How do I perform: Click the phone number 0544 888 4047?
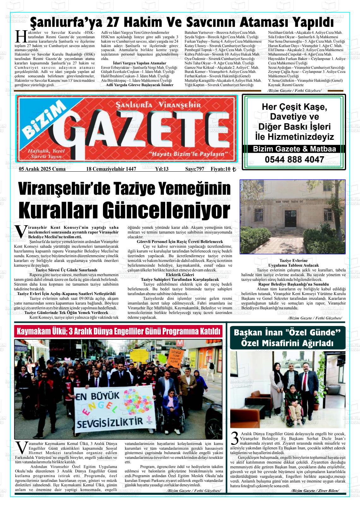click(x=294, y=160)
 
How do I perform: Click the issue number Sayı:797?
click(x=195, y=169)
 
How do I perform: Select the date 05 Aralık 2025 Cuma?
click(x=42, y=169)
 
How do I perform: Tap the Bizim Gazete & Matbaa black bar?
click(x=294, y=149)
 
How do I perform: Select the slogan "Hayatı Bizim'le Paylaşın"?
click(x=188, y=154)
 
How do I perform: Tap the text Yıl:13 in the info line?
click(x=162, y=169)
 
